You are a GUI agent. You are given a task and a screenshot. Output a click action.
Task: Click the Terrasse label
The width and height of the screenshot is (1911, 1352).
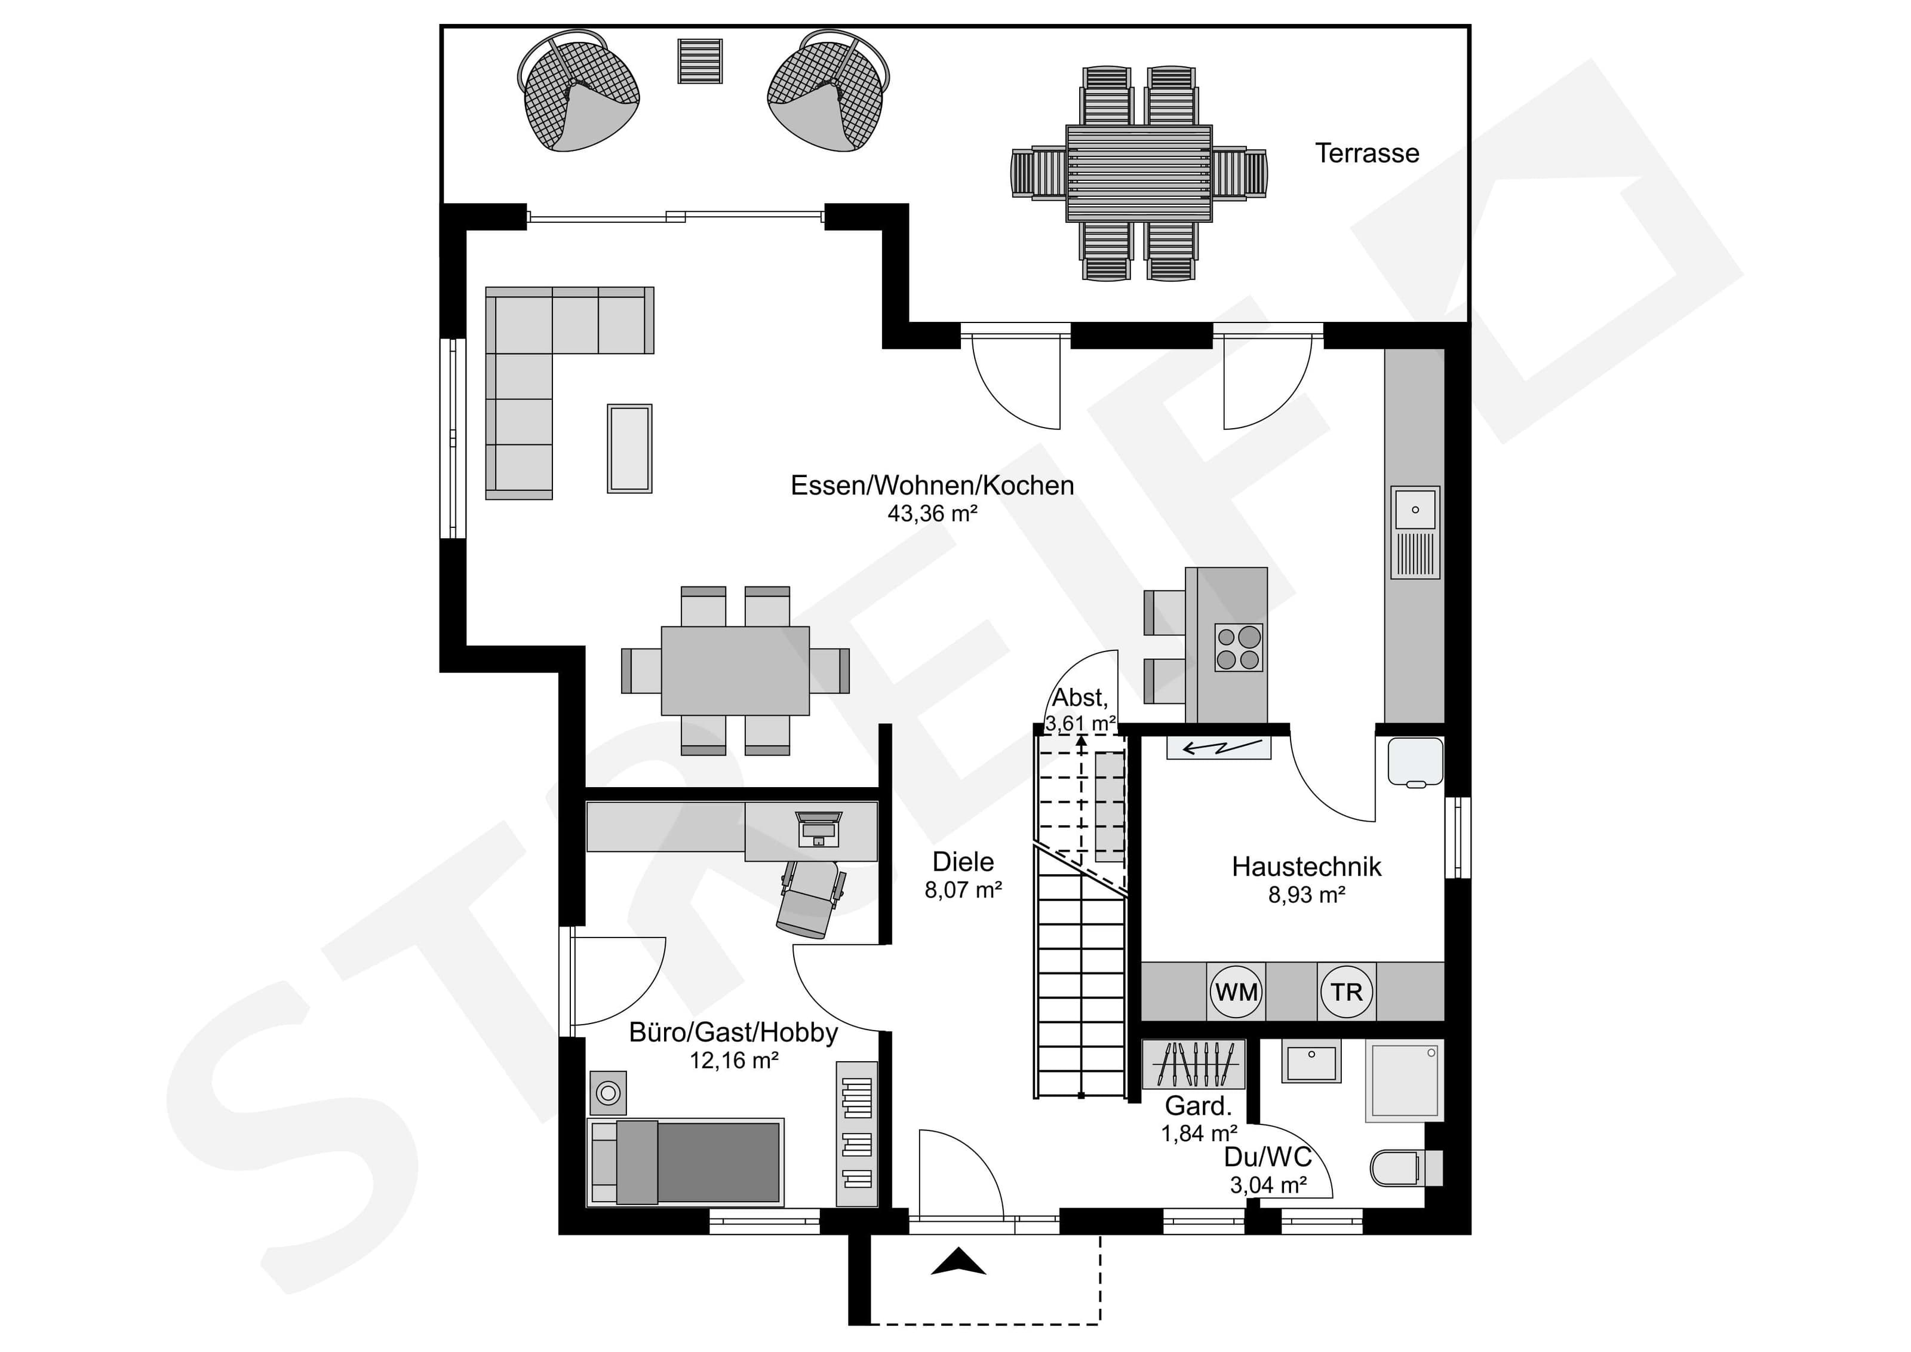(x=1367, y=153)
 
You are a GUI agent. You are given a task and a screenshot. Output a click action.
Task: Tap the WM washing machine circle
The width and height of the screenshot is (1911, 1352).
(x=1236, y=991)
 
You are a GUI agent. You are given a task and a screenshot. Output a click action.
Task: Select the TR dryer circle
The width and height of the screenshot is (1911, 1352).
(x=1346, y=991)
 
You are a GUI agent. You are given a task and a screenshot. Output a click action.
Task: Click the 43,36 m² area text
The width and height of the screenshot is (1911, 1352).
(x=932, y=514)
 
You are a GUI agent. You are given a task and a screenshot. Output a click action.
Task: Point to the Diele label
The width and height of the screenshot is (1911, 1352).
(x=963, y=862)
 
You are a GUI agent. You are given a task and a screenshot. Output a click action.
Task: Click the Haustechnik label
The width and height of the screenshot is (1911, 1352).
(x=1306, y=866)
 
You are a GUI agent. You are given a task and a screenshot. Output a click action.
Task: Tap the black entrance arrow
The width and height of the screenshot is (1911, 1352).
(x=958, y=1261)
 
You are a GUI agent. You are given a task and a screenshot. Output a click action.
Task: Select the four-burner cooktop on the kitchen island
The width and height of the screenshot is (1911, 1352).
(x=1239, y=648)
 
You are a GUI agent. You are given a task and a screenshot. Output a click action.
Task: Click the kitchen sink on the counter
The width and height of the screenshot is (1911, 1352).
(x=1415, y=532)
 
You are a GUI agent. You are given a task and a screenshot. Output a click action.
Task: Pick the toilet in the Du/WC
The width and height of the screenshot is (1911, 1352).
(x=1406, y=1167)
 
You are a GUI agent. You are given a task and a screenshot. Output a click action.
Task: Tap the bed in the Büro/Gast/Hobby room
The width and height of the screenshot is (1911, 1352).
(x=686, y=1162)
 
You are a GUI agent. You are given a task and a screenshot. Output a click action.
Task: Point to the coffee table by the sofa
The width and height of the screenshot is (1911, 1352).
(x=629, y=448)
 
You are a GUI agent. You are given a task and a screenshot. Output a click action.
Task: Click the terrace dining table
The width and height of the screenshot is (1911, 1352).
(x=1139, y=173)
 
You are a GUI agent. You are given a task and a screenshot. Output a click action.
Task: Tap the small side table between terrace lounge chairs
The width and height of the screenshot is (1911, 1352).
(x=700, y=61)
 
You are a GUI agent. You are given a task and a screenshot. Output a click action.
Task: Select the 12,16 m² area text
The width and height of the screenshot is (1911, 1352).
(x=734, y=1061)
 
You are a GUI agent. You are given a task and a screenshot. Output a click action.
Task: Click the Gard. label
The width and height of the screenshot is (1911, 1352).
(x=1199, y=1107)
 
